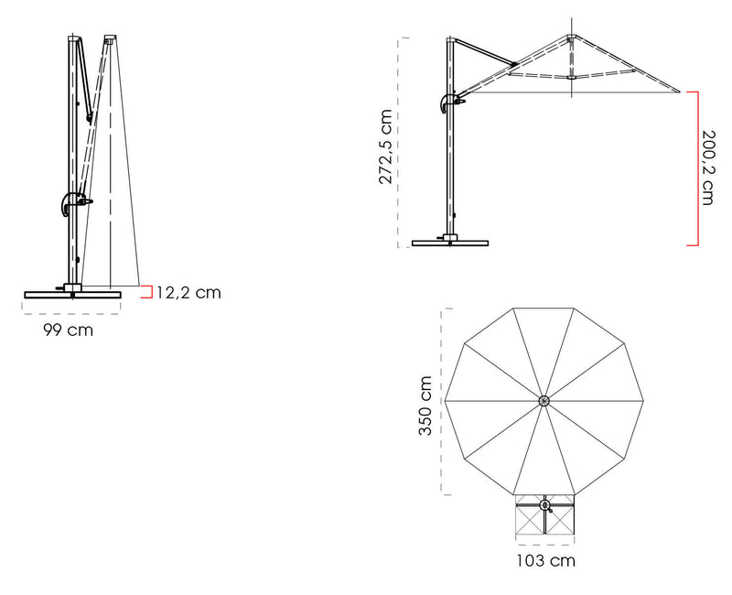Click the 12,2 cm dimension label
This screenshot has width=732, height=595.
pos(188,292)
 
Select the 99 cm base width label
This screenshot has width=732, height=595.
pos(68,330)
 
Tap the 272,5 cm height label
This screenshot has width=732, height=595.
pos(385,146)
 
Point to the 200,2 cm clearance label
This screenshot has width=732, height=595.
pos(708,168)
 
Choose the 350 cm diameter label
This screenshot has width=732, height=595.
pos(425,406)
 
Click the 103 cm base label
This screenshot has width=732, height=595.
pos(545,560)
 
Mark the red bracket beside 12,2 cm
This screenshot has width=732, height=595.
pos(147,292)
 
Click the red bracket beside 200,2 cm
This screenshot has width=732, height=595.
pos(693,168)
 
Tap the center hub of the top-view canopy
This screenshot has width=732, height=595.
pos(544,401)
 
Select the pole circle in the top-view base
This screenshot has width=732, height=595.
pos(544,505)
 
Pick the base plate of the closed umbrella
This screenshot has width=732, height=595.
pos(73,295)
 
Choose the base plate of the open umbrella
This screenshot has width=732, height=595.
pos(450,243)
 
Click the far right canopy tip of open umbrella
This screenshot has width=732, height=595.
pos(680,91)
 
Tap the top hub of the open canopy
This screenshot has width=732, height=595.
pos(571,38)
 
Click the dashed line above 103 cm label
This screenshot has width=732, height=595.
pos(545,544)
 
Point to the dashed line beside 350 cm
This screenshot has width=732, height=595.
pos(443,401)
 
